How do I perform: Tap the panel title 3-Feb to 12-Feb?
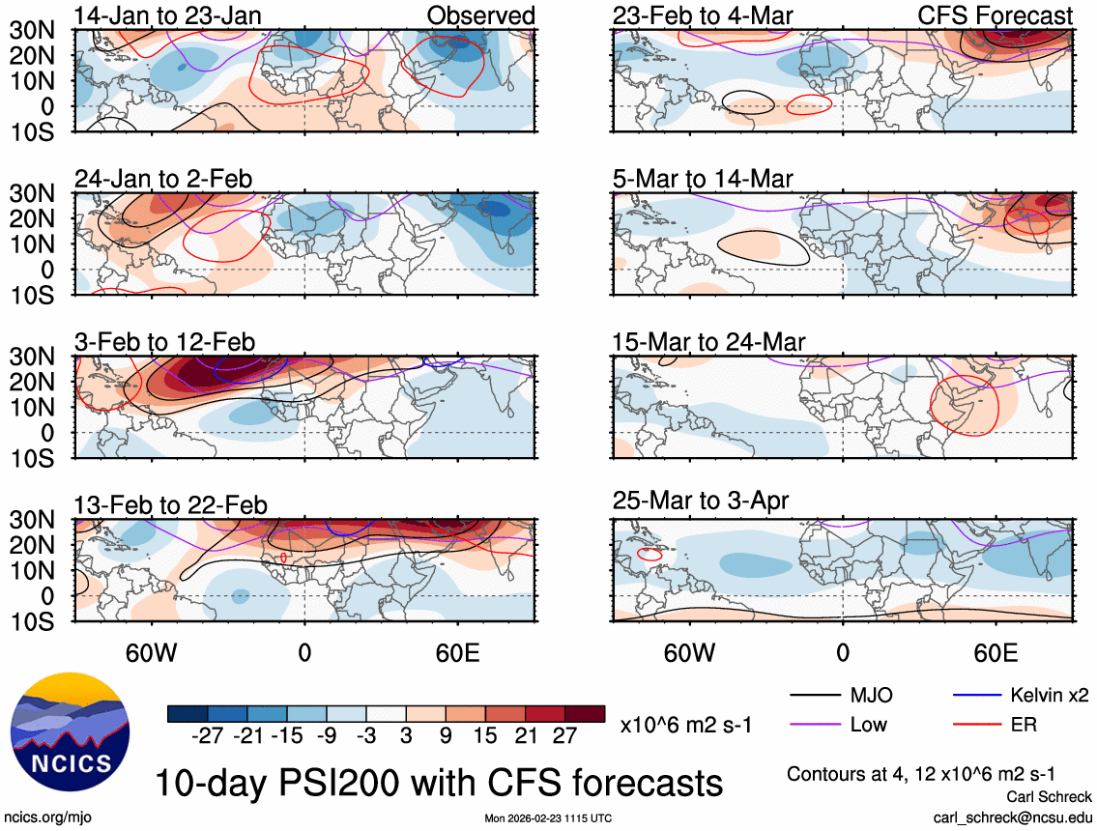165,342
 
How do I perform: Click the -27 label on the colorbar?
208,737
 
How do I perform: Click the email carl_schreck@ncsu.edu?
1012,817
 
